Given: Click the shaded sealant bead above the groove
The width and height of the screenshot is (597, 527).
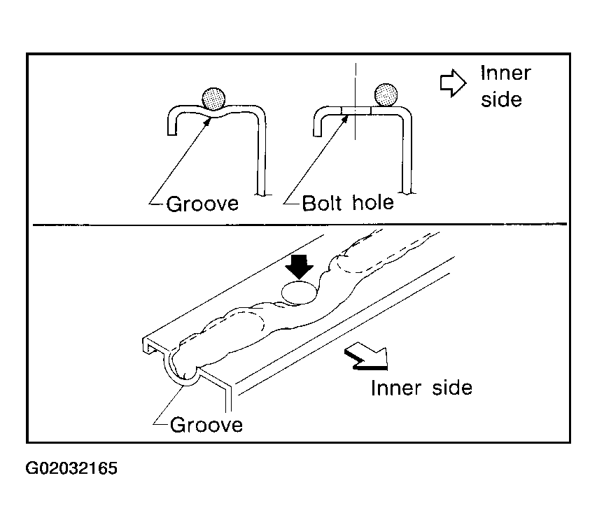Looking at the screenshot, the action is coord(213,99).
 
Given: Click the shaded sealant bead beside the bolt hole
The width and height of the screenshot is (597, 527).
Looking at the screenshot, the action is coord(386,94).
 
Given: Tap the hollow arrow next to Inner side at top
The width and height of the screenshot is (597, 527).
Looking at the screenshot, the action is coord(453,83).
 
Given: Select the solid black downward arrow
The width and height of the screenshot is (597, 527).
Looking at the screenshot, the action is coord(300,267).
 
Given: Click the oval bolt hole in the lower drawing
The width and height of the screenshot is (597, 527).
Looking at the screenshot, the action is coord(299,293).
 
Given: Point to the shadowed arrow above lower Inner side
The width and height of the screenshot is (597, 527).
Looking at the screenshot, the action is coord(367,356).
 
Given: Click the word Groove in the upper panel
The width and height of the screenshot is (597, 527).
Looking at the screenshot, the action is coord(202,204).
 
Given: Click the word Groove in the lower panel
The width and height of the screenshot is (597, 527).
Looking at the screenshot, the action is coord(206,425).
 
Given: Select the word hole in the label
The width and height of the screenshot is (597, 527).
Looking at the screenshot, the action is coord(373,202).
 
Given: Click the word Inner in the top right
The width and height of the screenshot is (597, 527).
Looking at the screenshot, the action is coord(505,73).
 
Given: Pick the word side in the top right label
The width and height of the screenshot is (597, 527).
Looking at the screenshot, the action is coord(501,99).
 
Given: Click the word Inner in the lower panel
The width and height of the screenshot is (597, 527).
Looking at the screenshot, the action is coord(396,388).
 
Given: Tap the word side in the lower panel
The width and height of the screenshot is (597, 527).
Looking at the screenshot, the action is coord(452,388).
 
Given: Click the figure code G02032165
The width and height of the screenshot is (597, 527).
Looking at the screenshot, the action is coord(71,468).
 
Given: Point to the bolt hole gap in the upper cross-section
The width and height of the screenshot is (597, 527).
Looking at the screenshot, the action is coord(356,111).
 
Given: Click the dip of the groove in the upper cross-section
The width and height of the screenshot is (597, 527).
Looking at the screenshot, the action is coord(214,113).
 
